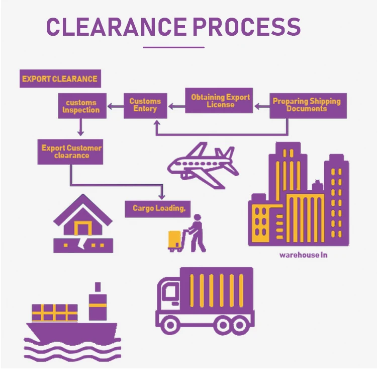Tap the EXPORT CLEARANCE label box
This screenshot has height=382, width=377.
60,79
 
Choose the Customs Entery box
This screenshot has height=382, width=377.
145,105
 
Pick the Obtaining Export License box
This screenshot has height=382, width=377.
220,101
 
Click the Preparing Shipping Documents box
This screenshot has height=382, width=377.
307,105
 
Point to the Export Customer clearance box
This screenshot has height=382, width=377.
71,151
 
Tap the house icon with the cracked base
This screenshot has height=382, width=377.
83,227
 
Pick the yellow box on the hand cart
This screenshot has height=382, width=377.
175,239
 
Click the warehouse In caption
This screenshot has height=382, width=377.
303,255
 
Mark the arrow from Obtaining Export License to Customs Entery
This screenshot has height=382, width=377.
177,106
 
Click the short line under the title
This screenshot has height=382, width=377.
173,48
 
